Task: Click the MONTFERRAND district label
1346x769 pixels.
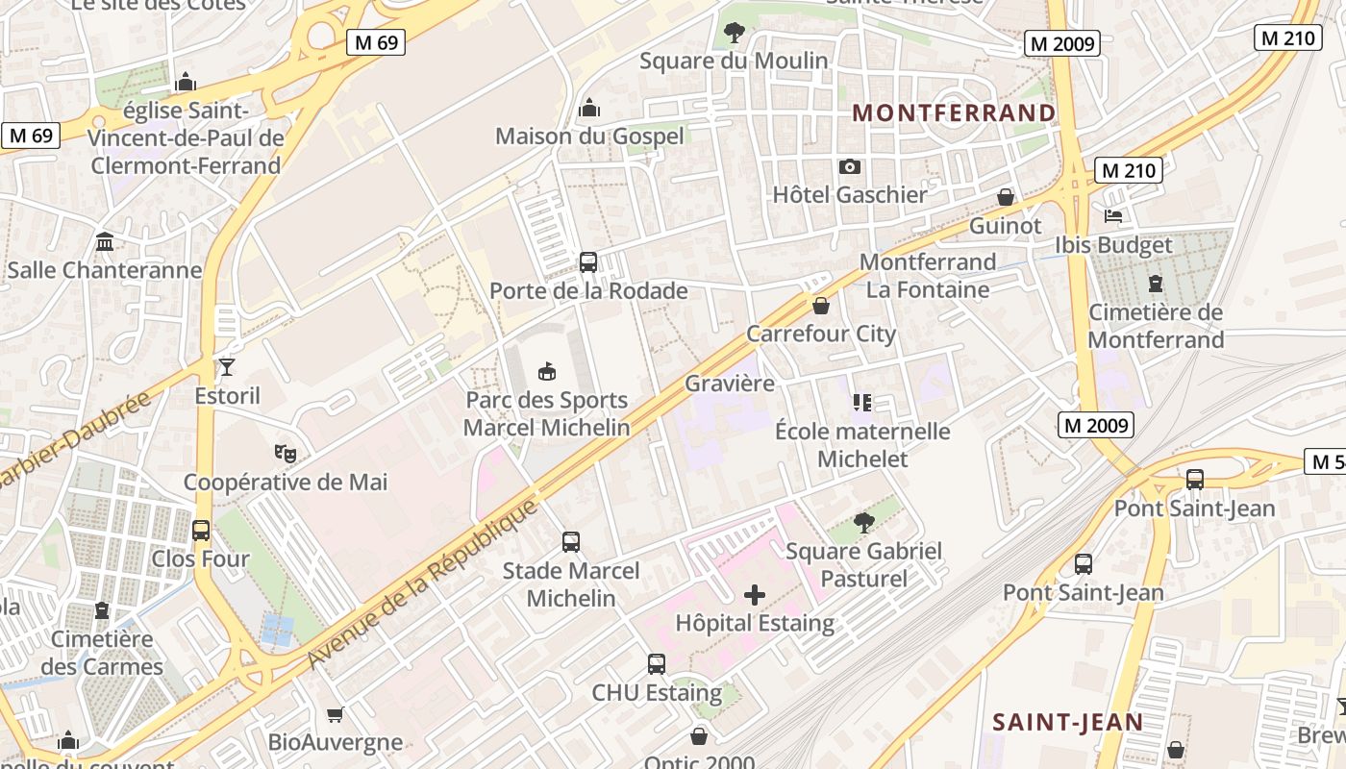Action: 954,113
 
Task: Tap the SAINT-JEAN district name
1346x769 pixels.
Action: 1067,722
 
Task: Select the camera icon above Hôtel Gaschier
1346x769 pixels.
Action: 850,167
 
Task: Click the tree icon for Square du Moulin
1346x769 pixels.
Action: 734,33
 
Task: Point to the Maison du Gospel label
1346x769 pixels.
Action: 589,136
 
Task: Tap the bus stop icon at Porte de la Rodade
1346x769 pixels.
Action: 587,261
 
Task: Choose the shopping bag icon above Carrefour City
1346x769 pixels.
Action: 821,306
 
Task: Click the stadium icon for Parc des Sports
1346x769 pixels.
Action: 547,371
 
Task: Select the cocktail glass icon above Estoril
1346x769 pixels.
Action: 227,366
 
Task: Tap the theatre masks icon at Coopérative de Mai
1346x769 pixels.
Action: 285,452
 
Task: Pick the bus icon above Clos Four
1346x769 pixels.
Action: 201,530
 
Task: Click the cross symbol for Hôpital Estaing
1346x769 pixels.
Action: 755,595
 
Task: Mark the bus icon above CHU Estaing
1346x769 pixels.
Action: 657,664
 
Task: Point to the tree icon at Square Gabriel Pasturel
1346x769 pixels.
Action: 863,523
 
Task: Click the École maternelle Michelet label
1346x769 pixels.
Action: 862,445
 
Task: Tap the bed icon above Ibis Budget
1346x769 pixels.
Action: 1114,216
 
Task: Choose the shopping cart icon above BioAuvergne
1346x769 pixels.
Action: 336,714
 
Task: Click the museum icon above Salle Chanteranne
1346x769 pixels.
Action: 105,241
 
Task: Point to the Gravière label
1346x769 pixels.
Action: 730,384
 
